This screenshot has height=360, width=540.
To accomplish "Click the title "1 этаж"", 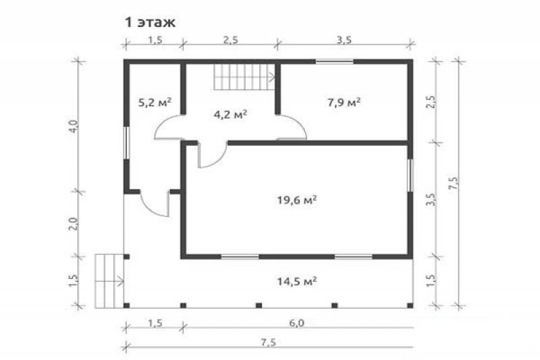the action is pyautogui.click(x=150, y=22).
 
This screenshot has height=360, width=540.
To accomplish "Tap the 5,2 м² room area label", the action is pyautogui.click(x=155, y=102).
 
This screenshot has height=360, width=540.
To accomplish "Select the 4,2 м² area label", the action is pyautogui.click(x=230, y=114).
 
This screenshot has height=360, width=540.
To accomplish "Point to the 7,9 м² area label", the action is pyautogui.click(x=344, y=102).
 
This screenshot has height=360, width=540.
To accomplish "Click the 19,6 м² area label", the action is pyautogui.click(x=297, y=200).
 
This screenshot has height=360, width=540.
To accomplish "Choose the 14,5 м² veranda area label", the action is pyautogui.click(x=297, y=282).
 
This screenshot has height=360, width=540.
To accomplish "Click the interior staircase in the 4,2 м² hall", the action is pyautogui.click(x=244, y=77).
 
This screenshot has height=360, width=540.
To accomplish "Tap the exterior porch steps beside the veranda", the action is pyautogui.click(x=109, y=281).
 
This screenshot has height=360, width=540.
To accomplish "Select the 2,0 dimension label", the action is pyautogui.click(x=75, y=224).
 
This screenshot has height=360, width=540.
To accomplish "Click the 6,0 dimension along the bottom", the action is pyautogui.click(x=297, y=324).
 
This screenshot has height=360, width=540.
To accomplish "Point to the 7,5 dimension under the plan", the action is pyautogui.click(x=268, y=342).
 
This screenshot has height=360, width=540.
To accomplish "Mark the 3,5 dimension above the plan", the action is pyautogui.click(x=344, y=40).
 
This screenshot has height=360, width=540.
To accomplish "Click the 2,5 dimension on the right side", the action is pyautogui.click(x=431, y=102).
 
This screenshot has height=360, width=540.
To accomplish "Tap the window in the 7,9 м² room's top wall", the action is pyautogui.click(x=335, y=62).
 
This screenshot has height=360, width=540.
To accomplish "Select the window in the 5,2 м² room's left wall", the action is pyautogui.click(x=127, y=143).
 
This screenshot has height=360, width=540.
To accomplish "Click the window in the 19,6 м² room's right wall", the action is pyautogui.click(x=410, y=175).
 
